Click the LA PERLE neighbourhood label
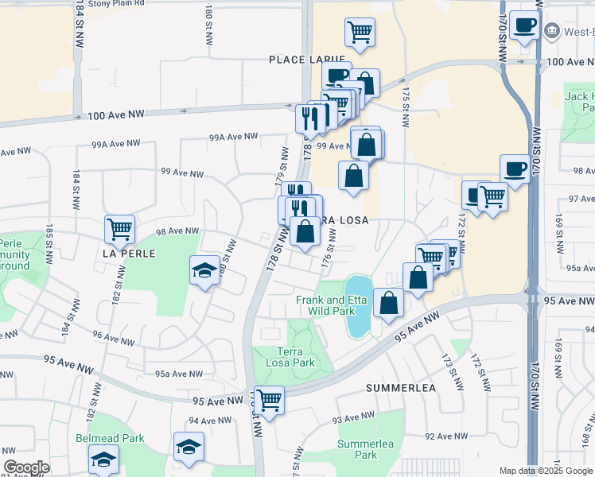(127, 253)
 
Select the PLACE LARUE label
(307, 60)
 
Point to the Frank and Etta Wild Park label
(325, 305)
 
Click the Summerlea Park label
(365, 449)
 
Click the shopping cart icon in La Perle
(120, 229)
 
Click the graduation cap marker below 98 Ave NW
(205, 270)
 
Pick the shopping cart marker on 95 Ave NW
(269, 399)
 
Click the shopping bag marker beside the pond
(388, 303)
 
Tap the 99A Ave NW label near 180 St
(233, 137)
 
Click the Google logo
(26, 468)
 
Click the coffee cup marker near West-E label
(524, 25)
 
